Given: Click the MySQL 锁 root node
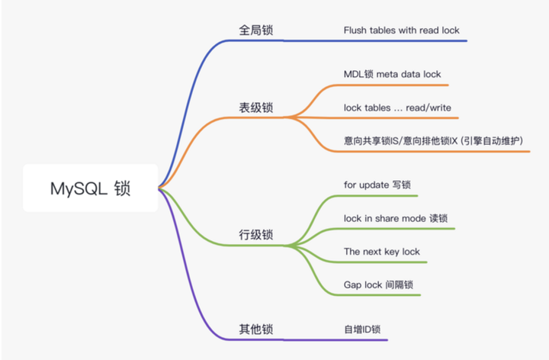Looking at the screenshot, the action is click(x=90, y=188).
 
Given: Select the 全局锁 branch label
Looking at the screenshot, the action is click(x=256, y=30).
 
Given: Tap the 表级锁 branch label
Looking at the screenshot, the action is click(x=256, y=108).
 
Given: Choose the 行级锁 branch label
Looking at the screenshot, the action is click(x=256, y=235).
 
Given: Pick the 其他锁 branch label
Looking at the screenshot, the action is click(x=256, y=329).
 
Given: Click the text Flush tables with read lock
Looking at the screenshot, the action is click(x=402, y=31).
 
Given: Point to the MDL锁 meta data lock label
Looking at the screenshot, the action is click(x=392, y=74).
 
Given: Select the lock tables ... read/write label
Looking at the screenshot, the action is click(x=397, y=108).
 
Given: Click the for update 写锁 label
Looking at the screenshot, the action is click(x=377, y=185).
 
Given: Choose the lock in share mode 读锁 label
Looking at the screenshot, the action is click(x=396, y=219).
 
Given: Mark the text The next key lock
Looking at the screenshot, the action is click(x=382, y=252).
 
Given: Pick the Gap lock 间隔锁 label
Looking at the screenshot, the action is click(x=378, y=284).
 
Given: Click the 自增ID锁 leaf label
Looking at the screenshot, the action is click(x=362, y=329).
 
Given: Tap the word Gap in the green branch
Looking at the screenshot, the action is click(x=352, y=285).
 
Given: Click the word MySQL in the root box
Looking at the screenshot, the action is click(x=79, y=189).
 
